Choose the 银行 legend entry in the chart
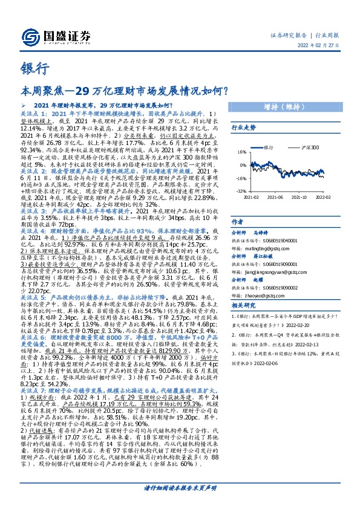pyautogui.click(x=268, y=147)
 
